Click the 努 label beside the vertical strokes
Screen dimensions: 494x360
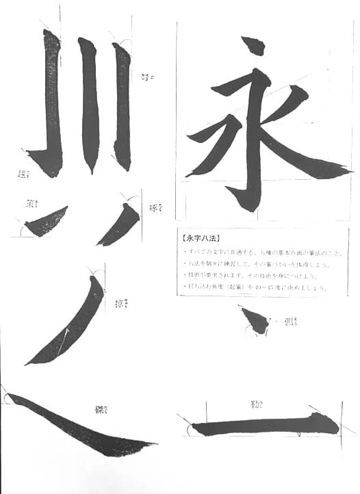tap(147, 77)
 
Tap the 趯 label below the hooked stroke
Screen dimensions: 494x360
tap(24, 175)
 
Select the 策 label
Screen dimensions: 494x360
tap(32, 203)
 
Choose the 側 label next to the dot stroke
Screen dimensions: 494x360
tap(291, 322)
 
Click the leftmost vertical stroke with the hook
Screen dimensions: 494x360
tap(51, 103)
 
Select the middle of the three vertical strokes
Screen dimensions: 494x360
tap(90, 103)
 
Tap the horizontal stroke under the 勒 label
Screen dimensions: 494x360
tap(263, 427)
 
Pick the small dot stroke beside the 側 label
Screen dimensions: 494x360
tap(255, 320)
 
